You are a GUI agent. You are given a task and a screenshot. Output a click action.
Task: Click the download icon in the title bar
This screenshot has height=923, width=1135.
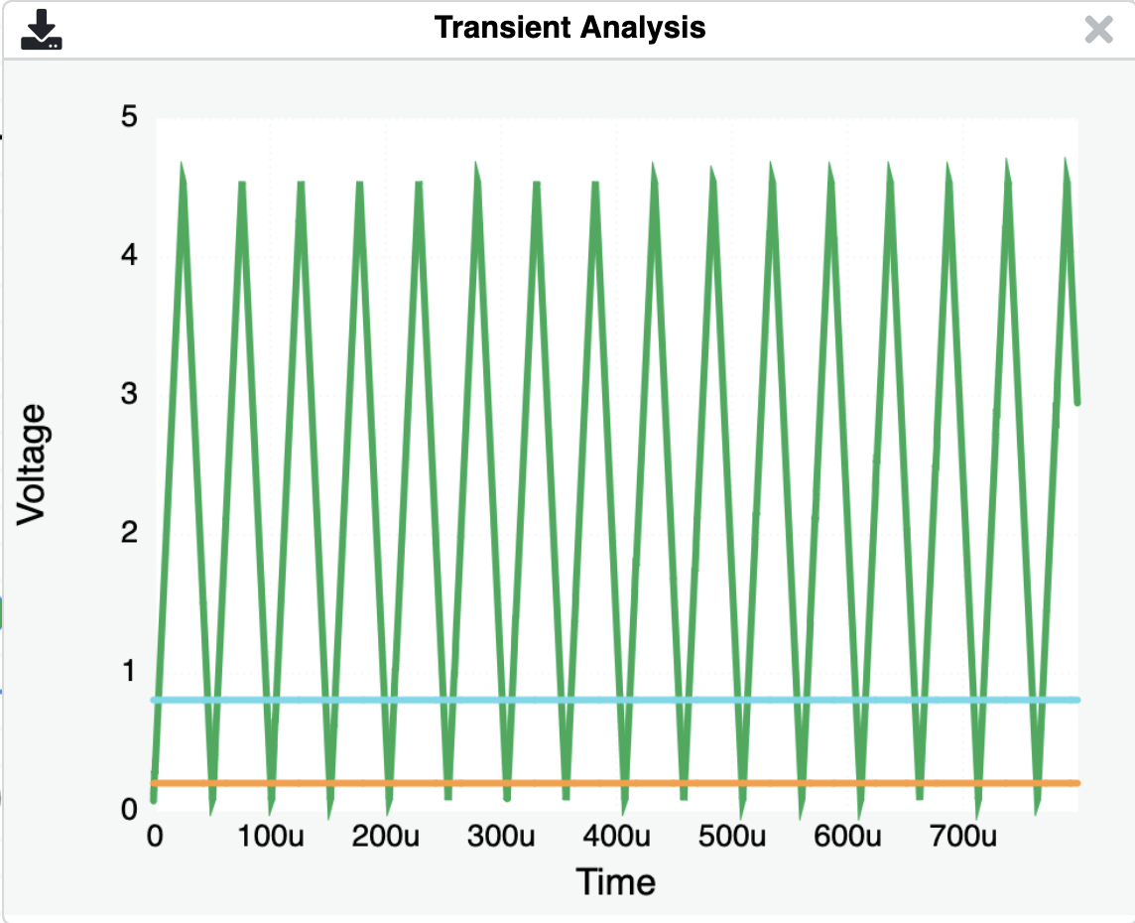[x=42, y=30]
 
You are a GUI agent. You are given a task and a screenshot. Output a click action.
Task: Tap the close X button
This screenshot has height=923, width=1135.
[x=1098, y=30]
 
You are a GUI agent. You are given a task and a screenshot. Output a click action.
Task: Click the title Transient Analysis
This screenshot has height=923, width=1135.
[x=569, y=28]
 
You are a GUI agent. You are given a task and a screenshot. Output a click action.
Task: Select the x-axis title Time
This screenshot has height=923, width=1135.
[x=615, y=881]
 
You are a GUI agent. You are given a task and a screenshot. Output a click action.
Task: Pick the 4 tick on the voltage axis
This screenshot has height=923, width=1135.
[x=130, y=256]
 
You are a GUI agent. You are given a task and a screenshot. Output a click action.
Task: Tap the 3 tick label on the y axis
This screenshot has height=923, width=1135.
[x=130, y=395]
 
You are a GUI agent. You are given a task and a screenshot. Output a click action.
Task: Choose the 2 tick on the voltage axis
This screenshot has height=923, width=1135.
[x=130, y=533]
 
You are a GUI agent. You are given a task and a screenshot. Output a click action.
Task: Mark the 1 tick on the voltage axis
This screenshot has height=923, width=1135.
[x=130, y=671]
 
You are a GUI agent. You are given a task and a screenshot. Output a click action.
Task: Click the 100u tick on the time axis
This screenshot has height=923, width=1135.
[x=270, y=837]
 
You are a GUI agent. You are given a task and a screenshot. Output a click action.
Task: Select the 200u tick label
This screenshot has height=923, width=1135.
[x=385, y=837]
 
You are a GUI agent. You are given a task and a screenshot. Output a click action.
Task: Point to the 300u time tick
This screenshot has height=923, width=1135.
[x=501, y=837]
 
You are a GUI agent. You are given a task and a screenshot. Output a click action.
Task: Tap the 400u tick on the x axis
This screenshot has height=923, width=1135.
[x=617, y=837]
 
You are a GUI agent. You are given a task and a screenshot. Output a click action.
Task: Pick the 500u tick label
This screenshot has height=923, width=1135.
[x=732, y=837]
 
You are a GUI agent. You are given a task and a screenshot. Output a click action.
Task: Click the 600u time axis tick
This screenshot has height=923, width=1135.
[x=848, y=837]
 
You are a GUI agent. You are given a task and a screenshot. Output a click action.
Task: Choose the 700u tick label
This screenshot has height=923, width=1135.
[x=963, y=837]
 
